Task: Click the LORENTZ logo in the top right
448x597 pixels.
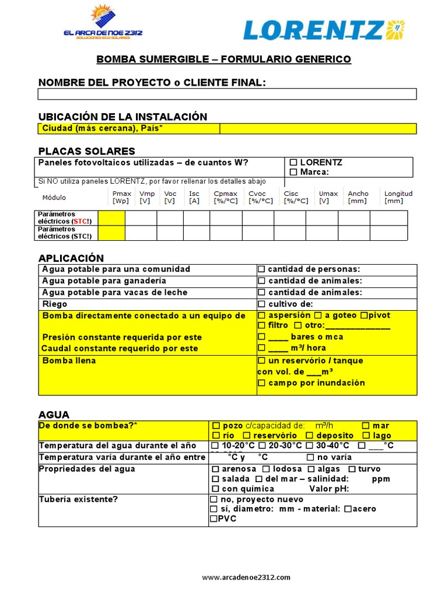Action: click(324, 30)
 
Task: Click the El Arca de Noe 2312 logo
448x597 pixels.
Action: click(103, 23)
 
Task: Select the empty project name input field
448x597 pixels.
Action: click(227, 94)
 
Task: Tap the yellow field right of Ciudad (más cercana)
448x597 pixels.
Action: click(318, 128)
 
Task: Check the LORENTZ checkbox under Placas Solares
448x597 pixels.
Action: click(293, 163)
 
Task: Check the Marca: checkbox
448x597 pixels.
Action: click(293, 172)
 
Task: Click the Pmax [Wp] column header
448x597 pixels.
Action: click(121, 197)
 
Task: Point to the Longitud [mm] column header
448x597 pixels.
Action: click(398, 197)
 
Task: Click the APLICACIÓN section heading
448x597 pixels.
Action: click(71, 258)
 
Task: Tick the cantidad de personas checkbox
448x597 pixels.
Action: click(262, 269)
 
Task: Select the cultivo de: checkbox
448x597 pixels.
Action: click(262, 304)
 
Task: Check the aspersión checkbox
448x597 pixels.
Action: click(262, 315)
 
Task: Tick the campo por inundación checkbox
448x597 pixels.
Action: click(262, 383)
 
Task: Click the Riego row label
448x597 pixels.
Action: click(55, 304)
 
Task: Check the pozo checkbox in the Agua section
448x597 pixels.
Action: click(216, 426)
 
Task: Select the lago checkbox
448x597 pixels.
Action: click(366, 436)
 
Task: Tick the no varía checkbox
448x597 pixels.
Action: click(310, 458)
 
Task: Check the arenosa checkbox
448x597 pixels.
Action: click(216, 469)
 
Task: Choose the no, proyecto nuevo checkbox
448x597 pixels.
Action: click(213, 500)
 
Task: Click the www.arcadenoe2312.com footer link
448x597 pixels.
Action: click(246, 578)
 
